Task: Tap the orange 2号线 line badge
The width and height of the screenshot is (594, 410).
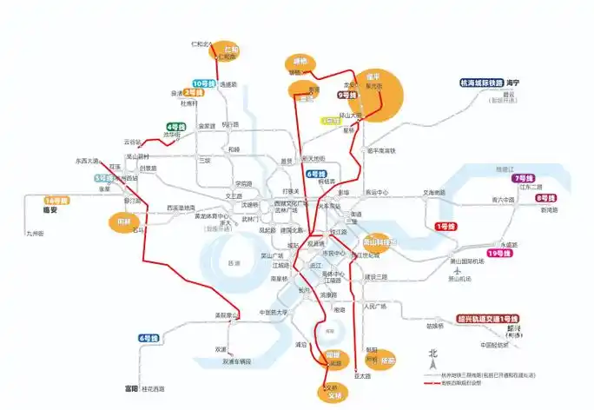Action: (x=194, y=92)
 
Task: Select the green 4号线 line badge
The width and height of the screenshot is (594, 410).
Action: (x=177, y=127)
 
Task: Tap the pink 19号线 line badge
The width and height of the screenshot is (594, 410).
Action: (x=498, y=253)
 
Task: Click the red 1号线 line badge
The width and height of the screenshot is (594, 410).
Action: (x=445, y=227)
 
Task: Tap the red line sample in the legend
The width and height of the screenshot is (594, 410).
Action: (x=431, y=383)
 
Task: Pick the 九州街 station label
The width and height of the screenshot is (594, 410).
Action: (x=36, y=233)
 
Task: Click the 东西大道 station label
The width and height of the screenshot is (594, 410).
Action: (x=88, y=161)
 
